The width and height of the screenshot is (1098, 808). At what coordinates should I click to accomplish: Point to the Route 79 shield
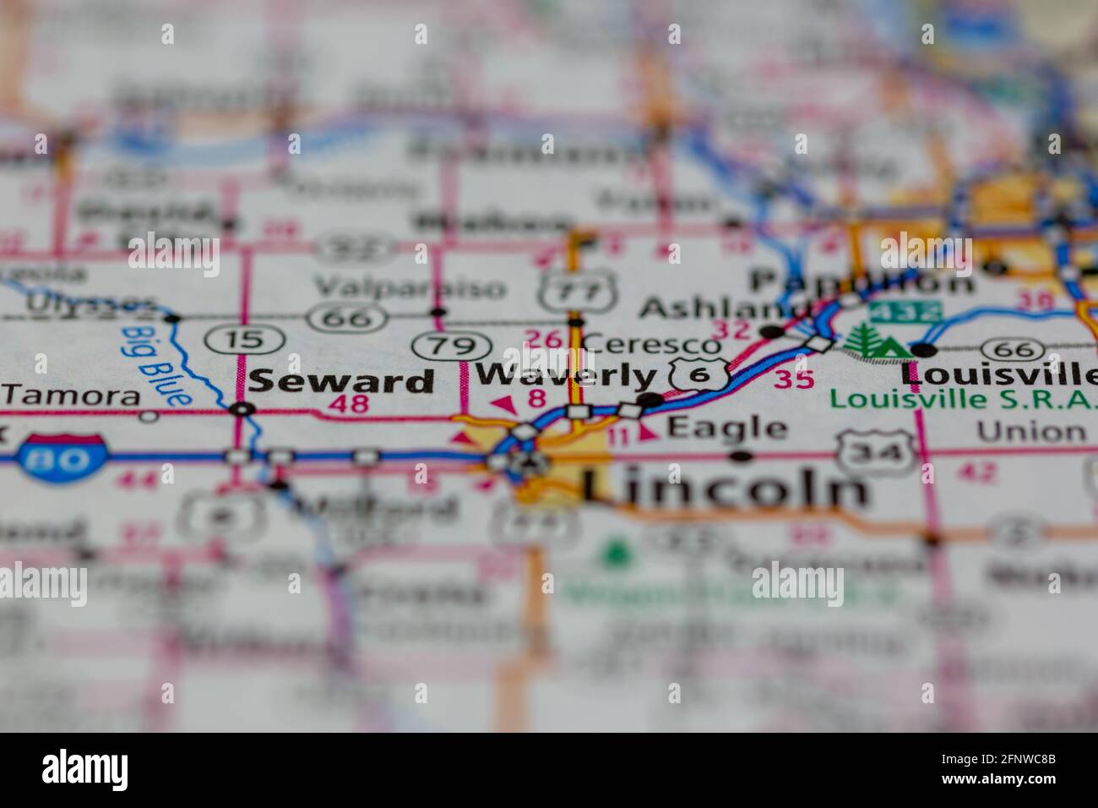(452, 345)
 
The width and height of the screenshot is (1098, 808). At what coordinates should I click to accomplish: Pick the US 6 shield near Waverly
(699, 373)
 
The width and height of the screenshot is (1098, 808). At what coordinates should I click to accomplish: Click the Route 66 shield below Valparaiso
(349, 317)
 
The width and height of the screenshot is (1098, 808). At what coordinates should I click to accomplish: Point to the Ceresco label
(651, 343)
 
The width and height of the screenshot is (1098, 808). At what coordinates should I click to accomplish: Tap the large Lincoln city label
(725, 487)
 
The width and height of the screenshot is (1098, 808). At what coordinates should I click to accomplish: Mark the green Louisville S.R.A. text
(961, 398)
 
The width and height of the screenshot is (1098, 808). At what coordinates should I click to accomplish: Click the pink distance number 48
(349, 403)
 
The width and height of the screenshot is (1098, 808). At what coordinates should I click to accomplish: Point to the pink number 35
(794, 378)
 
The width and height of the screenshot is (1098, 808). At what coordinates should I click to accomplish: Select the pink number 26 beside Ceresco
(542, 340)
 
